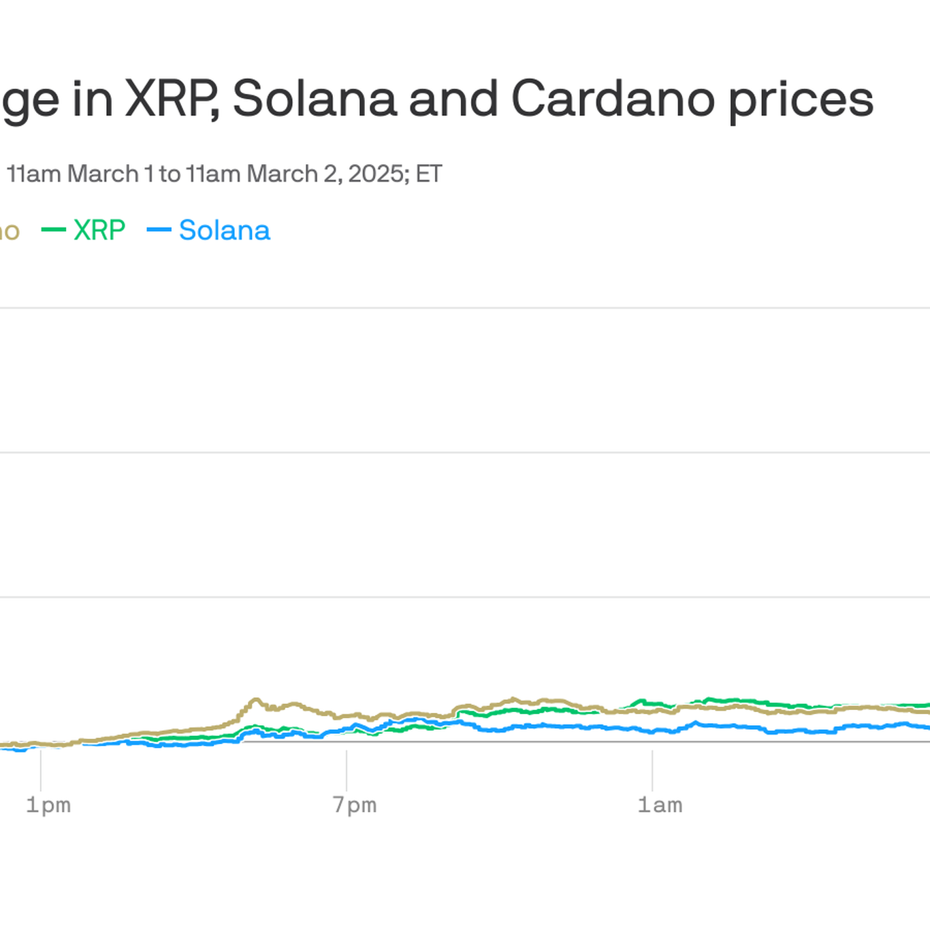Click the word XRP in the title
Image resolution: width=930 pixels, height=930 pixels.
pyautogui.click(x=171, y=99)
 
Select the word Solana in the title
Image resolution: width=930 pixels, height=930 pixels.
pyautogui.click(x=315, y=99)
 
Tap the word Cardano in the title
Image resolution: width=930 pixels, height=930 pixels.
pyautogui.click(x=613, y=99)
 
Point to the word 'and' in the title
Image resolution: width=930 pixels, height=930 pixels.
pyautogui.click(x=453, y=99)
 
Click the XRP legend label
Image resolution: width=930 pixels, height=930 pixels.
pyautogui.click(x=99, y=230)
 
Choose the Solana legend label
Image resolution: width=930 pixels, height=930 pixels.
pyautogui.click(x=225, y=230)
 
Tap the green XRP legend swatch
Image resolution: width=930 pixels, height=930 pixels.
pyautogui.click(x=54, y=230)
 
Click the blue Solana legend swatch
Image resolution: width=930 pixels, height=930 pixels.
pyautogui.click(x=159, y=230)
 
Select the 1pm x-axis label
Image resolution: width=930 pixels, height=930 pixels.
pyautogui.click(x=48, y=805)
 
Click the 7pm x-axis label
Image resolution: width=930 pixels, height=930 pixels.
pyautogui.click(x=354, y=805)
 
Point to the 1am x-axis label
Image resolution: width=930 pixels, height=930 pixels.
pyautogui.click(x=660, y=805)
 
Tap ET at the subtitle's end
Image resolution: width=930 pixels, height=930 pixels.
pyautogui.click(x=429, y=174)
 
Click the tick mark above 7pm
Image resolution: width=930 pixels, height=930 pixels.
pyautogui.click(x=347, y=769)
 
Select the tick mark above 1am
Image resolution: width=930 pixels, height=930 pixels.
pyautogui.click(x=652, y=769)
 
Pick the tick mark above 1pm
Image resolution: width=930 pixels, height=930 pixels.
pyautogui.click(x=41, y=769)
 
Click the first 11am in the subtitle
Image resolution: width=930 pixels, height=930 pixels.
pyautogui.click(x=34, y=174)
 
